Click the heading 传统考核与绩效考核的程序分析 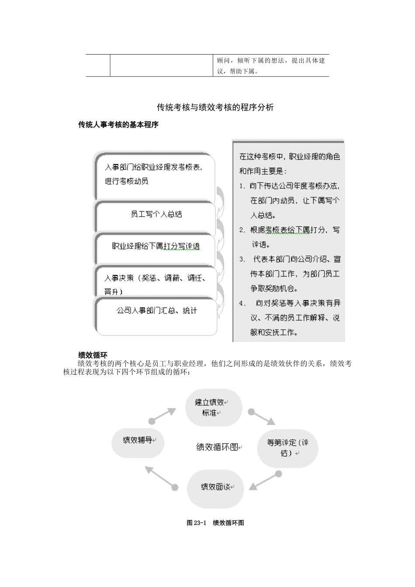click(215, 107)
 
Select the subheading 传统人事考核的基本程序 click(118, 125)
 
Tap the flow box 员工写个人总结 click(156, 214)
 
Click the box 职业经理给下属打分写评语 click(156, 246)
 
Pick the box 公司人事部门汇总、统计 click(156, 311)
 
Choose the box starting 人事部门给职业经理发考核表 click(154, 174)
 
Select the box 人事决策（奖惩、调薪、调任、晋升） click(155, 284)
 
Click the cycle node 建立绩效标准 click(214, 407)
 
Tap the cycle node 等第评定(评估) click(287, 448)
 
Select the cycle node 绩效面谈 click(215, 487)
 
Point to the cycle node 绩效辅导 click(138, 440)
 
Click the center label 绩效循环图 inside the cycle click(218, 447)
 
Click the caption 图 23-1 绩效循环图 click(215, 523)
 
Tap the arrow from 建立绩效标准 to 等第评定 click(263, 418)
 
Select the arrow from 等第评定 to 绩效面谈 click(264, 480)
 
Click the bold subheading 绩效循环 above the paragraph click(93, 355)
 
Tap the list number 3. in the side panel click(242, 259)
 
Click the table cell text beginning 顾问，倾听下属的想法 click(271, 66)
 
